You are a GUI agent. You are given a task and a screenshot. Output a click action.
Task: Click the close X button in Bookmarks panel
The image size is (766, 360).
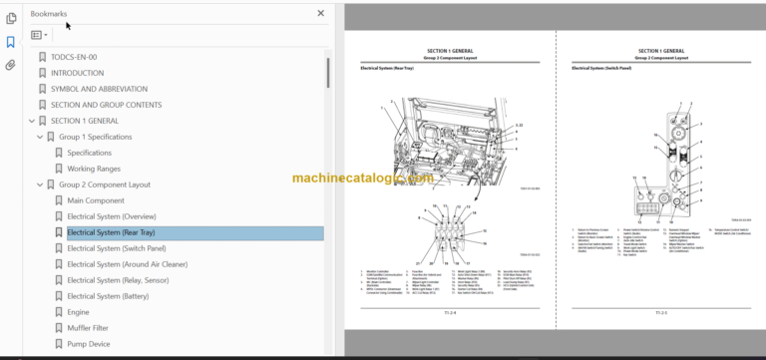pyautogui.click(x=320, y=13)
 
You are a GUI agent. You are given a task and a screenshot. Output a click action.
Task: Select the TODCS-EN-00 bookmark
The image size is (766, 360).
pyautogui.click(x=73, y=57)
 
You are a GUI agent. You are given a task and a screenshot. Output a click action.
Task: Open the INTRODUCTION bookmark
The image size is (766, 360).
pyautogui.click(x=77, y=73)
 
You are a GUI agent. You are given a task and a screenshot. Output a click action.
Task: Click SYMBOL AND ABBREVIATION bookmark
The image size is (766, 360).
pyautogui.click(x=99, y=89)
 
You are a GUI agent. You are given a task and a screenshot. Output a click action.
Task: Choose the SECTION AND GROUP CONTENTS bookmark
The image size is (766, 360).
pyautogui.click(x=107, y=105)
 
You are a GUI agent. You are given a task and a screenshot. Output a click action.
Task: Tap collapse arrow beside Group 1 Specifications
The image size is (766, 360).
pyautogui.click(x=39, y=137)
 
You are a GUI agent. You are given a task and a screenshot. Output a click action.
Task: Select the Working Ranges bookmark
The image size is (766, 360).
pyautogui.click(x=95, y=169)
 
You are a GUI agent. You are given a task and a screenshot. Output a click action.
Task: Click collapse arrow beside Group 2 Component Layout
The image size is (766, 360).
pyautogui.click(x=39, y=184)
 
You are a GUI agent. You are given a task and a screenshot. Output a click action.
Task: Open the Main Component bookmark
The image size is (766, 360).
pyautogui.click(x=96, y=200)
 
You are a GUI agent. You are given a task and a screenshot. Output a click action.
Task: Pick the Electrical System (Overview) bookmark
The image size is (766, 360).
pyautogui.click(x=111, y=216)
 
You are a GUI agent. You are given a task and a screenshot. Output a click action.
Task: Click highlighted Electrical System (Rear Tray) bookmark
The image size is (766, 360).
pyautogui.click(x=111, y=232)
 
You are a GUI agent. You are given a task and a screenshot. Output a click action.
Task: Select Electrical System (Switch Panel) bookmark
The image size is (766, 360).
pyautogui.click(x=115, y=248)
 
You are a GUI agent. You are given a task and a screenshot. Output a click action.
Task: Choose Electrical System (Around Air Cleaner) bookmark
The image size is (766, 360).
pyautogui.click(x=125, y=264)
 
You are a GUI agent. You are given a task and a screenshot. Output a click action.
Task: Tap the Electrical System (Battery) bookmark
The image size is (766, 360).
pyautogui.click(x=109, y=296)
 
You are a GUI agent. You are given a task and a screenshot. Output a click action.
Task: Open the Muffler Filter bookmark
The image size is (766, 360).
pyautogui.click(x=88, y=328)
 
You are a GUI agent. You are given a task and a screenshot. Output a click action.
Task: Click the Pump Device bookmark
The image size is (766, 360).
pyautogui.click(x=88, y=344)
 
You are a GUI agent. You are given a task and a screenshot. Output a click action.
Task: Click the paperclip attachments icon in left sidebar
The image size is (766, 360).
pyautogui.click(x=11, y=66)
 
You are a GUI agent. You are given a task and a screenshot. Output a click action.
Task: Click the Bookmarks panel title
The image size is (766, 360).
pyautogui.click(x=50, y=13)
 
